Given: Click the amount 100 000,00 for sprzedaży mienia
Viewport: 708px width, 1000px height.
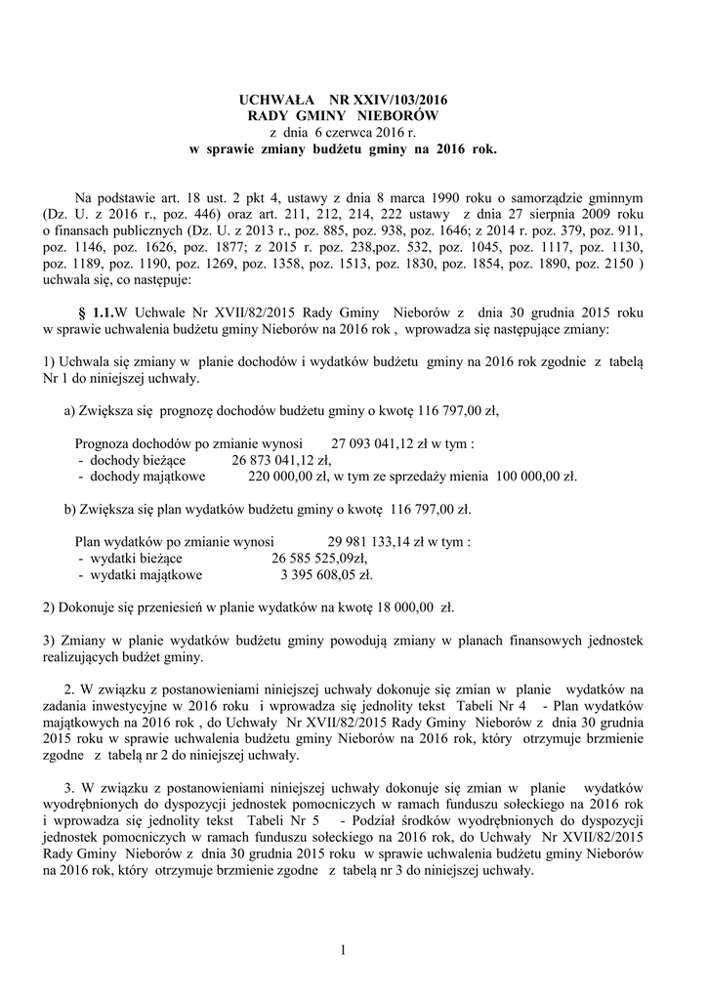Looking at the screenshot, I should (533, 477).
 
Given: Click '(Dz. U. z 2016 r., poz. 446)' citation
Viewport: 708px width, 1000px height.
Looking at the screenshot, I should (125, 212).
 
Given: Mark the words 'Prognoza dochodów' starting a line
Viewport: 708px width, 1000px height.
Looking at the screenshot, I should (129, 442).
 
